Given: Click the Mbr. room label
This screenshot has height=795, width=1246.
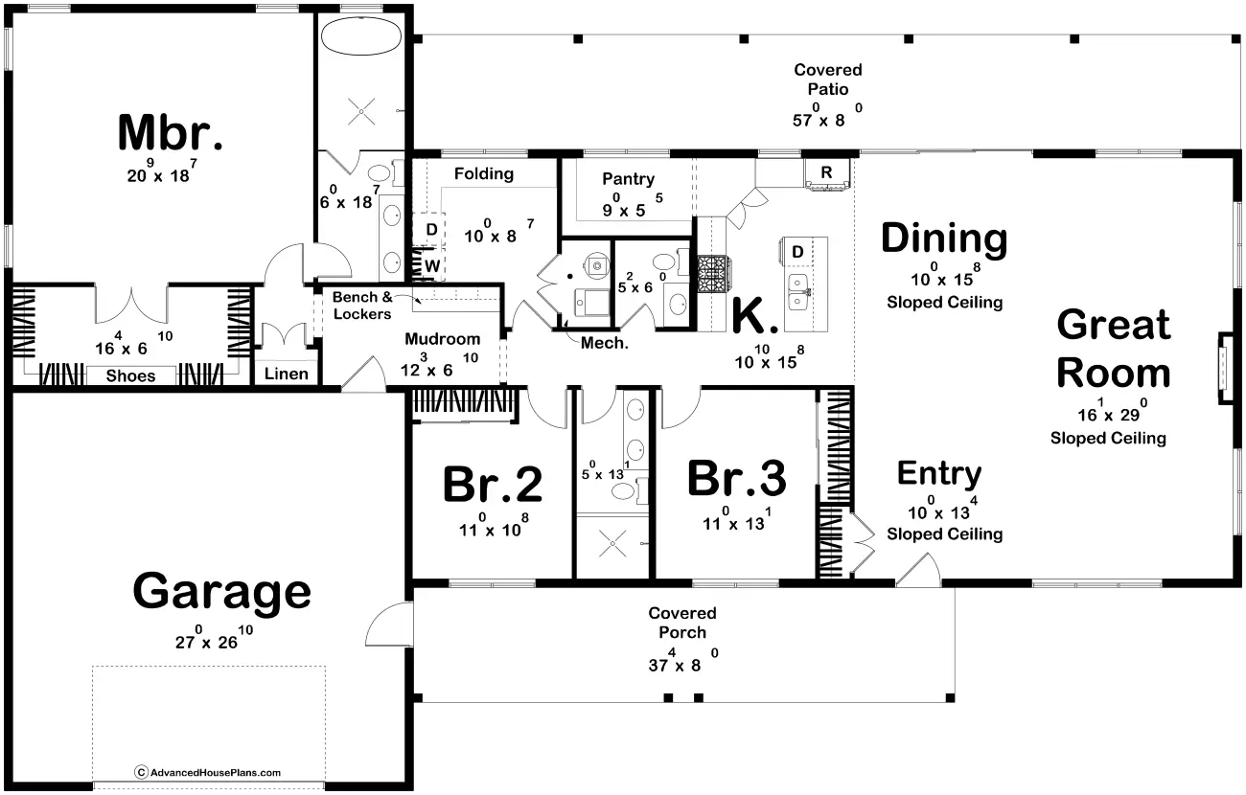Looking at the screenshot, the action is tap(171, 132).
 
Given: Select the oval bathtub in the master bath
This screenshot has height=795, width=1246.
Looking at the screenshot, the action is tap(361, 36).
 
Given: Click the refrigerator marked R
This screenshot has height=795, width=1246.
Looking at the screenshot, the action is tap(826, 173).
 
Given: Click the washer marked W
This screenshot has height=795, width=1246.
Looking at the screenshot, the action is tap(431, 265).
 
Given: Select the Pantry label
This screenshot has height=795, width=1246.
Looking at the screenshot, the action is tap(629, 179).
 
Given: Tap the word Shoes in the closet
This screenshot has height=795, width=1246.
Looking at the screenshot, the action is tap(130, 375).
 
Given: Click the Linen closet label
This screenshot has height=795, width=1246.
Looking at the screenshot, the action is tap(286, 374).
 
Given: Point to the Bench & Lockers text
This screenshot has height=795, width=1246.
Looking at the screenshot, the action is tap(362, 306).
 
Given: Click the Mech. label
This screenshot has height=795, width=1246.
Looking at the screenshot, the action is tap(604, 343).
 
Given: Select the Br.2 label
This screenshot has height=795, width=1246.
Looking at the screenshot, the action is tap(493, 485).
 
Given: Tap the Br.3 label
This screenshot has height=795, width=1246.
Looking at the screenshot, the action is tap(736, 478).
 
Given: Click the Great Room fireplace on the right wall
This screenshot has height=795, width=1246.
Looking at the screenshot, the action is tap(1226, 368).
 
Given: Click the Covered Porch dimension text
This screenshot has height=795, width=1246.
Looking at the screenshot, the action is tap(683, 661).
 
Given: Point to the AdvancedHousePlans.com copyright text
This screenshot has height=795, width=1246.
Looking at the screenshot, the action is tap(207, 772).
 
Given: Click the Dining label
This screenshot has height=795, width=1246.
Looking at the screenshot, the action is tap(944, 238).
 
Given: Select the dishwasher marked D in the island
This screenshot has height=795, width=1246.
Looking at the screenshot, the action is tap(797, 252).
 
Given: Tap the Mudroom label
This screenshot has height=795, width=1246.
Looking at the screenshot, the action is tap(442, 338).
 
